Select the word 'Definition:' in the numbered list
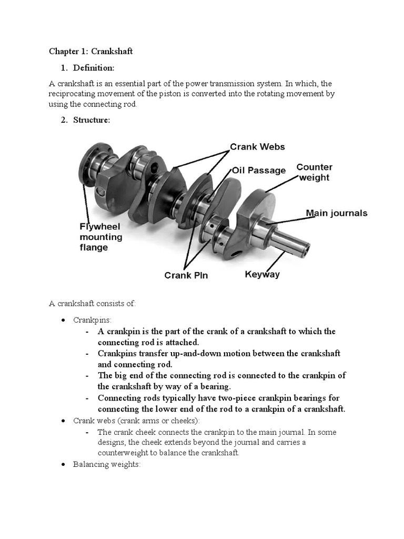pyautogui.click(x=94, y=67)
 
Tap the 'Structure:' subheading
pyautogui.click(x=92, y=119)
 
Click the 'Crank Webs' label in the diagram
pyautogui.click(x=257, y=147)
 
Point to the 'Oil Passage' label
pyautogui.click(x=259, y=170)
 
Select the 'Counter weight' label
pyautogui.click(x=314, y=172)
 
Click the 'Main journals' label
pyautogui.click(x=337, y=213)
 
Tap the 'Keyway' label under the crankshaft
pyautogui.click(x=262, y=274)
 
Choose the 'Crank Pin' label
pyautogui.click(x=186, y=275)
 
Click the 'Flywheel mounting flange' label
pyautogui.click(x=100, y=237)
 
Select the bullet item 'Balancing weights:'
pyautogui.click(x=107, y=464)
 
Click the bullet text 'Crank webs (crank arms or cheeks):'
pyautogui.click(x=137, y=421)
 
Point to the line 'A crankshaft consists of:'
pyautogui.click(x=93, y=303)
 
